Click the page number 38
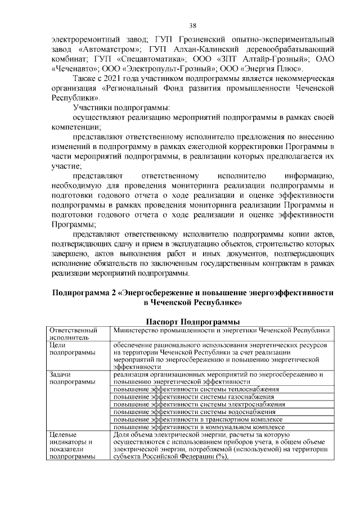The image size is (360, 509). [192, 26]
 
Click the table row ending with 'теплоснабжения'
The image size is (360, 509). [196, 389]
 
